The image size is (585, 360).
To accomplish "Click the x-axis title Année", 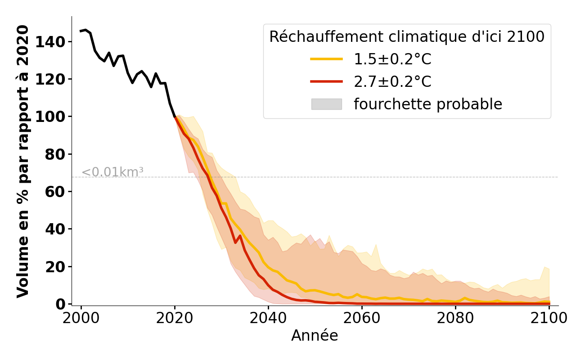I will point(315,336).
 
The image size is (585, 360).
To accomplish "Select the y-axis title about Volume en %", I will point(23,161).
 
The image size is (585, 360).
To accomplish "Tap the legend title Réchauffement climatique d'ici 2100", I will point(407,37).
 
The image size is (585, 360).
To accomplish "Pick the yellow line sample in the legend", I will point(326,59).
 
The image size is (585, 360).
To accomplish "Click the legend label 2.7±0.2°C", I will point(392,82).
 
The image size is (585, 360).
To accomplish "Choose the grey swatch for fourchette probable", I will point(326,104).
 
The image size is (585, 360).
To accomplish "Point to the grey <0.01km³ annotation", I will point(112,172).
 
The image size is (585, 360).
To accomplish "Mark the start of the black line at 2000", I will point(81,31).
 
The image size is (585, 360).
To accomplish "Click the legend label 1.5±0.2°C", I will point(392,59).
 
